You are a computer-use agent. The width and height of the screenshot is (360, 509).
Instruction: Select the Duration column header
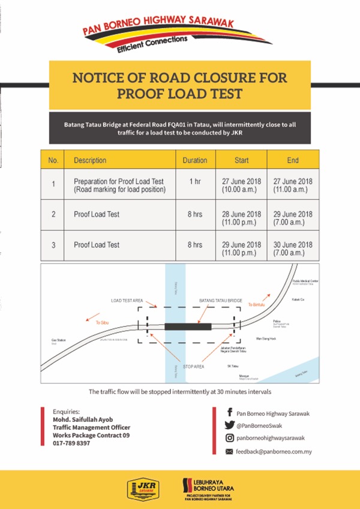(x=195, y=160)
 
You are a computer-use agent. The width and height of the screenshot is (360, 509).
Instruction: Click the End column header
(x=293, y=160)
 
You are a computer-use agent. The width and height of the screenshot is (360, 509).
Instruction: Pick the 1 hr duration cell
(x=195, y=181)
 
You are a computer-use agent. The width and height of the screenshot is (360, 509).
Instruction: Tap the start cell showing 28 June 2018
(x=241, y=218)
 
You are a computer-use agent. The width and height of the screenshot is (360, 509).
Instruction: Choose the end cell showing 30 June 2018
(x=293, y=248)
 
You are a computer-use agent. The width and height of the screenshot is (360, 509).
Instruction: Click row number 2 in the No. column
(x=53, y=214)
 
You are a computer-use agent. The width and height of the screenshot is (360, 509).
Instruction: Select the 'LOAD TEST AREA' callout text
(x=127, y=300)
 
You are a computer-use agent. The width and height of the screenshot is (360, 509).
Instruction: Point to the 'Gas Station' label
(x=58, y=340)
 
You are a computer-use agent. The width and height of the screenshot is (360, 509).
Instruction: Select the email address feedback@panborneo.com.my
(x=274, y=451)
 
